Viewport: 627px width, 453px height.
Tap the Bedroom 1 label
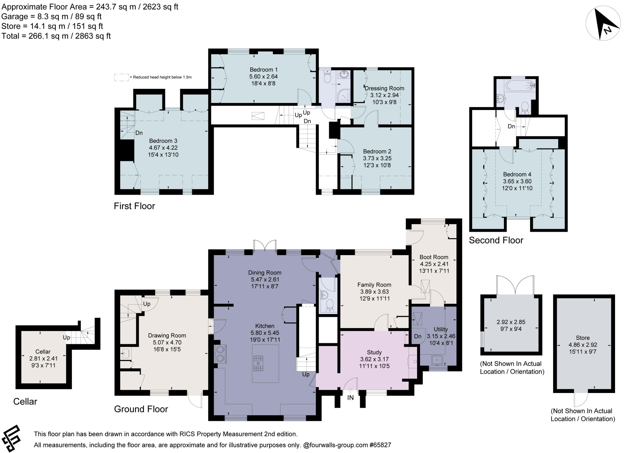click(264, 70)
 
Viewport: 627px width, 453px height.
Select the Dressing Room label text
click(384, 88)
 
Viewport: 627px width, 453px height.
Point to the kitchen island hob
click(258, 363)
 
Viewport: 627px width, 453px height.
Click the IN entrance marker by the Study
click(350, 398)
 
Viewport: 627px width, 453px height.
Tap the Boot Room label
click(434, 257)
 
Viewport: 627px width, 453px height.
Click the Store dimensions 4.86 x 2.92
click(583, 345)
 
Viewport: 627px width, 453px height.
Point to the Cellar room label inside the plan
click(43, 352)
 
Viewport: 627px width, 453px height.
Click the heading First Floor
click(134, 206)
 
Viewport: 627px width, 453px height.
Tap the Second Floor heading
click(496, 240)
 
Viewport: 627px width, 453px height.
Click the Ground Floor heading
click(141, 409)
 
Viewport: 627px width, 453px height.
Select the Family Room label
click(374, 285)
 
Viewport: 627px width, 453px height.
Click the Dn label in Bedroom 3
click(139, 133)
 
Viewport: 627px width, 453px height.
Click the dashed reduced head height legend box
click(121, 77)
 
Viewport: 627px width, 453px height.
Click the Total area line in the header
click(56, 36)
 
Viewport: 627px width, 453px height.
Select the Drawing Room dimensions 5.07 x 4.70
click(167, 342)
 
